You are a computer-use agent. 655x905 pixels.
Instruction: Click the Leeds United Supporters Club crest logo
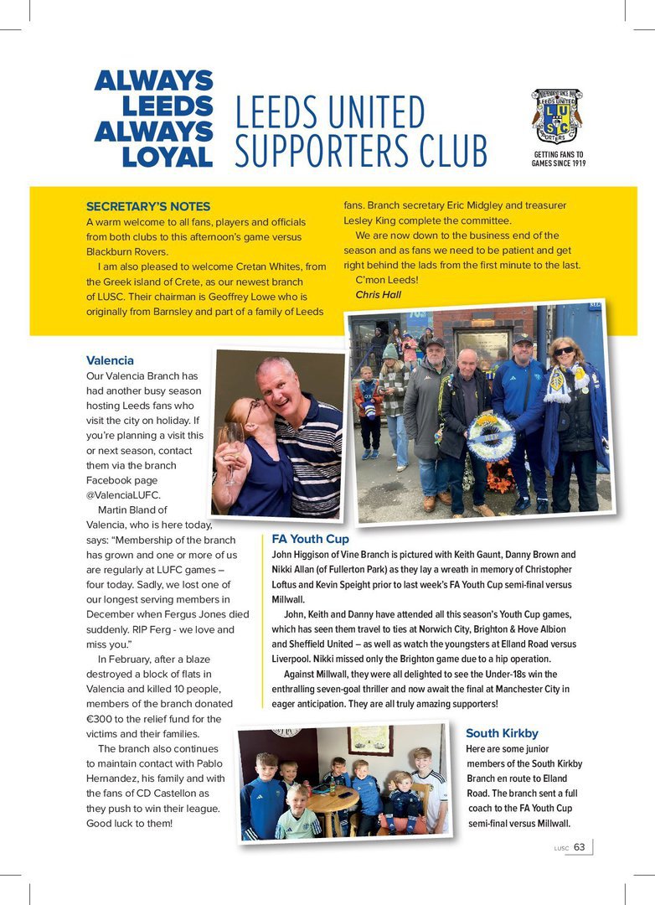[557, 116]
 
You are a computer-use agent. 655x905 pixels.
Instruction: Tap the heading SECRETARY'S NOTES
[148, 206]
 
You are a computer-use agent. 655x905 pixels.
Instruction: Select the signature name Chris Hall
[378, 294]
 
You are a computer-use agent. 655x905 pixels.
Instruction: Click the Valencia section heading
[110, 360]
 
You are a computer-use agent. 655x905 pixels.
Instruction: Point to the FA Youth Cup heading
[311, 539]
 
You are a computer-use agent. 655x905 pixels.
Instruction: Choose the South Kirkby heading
[502, 733]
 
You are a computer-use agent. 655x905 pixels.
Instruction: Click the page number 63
[580, 847]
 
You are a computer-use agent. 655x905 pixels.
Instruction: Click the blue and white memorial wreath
[490, 436]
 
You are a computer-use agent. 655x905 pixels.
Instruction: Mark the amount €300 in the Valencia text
[101, 719]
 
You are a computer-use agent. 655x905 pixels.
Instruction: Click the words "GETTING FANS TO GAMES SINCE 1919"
[558, 159]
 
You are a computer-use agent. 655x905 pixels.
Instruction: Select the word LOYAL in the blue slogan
[167, 157]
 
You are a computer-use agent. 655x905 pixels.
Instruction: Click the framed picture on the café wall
[370, 741]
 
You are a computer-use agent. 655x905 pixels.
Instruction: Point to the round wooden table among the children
[333, 800]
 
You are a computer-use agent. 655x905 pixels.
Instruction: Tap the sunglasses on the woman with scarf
[564, 350]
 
